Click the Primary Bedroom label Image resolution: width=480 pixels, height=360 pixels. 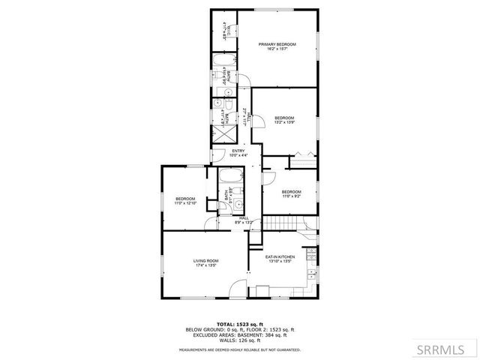coord(277,45)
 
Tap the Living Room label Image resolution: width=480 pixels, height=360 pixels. coord(206,261)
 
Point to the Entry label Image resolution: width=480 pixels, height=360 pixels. coord(238,151)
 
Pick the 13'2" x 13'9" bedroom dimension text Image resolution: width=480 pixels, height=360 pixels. coord(283,121)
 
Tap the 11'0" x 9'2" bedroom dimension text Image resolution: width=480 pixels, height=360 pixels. coord(292,196)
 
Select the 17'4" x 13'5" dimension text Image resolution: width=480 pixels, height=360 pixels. coord(206,265)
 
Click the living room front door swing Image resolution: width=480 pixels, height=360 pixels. coord(238,288)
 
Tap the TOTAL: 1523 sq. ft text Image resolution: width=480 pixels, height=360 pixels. coord(240,323)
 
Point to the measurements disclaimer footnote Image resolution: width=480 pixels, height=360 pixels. coord(240,349)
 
